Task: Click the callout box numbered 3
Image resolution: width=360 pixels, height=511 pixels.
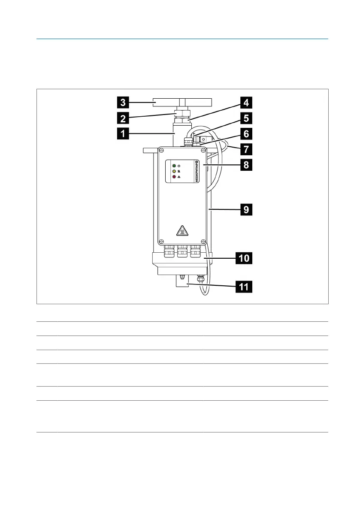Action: (x=123, y=102)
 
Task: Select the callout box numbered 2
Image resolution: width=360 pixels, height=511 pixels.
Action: (x=123, y=117)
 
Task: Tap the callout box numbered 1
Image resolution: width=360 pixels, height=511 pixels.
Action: (x=123, y=134)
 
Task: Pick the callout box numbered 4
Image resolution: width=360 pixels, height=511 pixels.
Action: (x=245, y=102)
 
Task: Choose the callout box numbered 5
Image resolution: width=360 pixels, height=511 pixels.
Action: (x=245, y=118)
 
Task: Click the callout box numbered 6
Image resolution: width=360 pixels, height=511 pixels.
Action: (x=245, y=133)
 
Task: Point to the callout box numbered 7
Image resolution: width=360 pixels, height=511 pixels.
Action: (x=245, y=149)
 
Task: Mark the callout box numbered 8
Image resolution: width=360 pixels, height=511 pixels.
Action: (x=245, y=165)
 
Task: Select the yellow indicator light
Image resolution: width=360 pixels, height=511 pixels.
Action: (x=174, y=171)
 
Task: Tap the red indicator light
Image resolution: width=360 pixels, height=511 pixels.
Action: (x=174, y=176)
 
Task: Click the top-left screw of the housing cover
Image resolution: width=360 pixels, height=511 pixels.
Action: (x=162, y=151)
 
